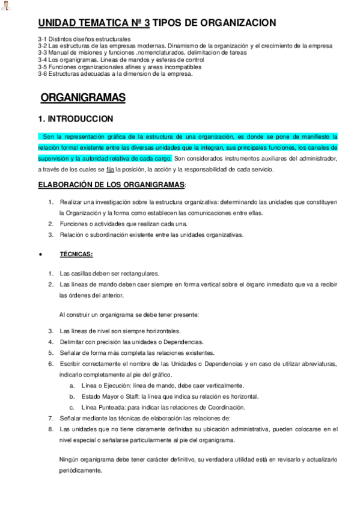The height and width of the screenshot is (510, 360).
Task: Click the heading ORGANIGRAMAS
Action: pos(82,98)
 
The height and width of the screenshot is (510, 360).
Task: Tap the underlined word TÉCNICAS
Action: pos(76,254)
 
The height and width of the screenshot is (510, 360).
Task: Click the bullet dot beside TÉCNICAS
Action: pos(40,255)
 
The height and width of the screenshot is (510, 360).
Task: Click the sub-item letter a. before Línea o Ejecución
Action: pos(72,386)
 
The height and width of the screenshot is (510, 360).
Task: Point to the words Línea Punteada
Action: pos(103,407)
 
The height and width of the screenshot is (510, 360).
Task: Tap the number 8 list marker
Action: pos(50,429)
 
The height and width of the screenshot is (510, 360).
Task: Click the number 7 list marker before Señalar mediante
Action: pos(50,418)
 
